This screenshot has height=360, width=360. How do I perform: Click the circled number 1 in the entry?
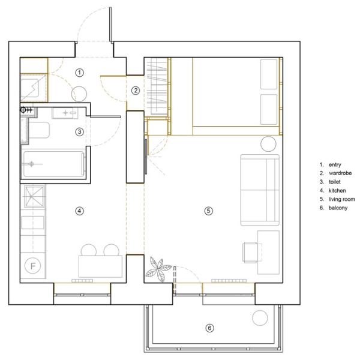click(x=79, y=73)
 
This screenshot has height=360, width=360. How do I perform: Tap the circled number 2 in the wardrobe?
click(x=136, y=91)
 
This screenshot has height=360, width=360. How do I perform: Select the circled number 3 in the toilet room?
click(x=79, y=132)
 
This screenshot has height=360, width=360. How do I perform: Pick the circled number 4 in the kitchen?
click(x=79, y=211)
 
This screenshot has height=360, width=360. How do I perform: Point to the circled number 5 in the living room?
click(x=208, y=211)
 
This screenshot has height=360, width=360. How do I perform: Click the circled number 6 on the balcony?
click(x=209, y=328)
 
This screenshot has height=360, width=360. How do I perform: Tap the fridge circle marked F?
click(x=32, y=266)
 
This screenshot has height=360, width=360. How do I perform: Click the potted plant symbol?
click(x=158, y=269)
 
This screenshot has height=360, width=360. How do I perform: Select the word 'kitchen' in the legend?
click(x=337, y=191)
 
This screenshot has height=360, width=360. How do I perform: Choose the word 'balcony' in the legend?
click(x=338, y=208)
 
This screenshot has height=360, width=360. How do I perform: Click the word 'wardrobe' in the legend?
click(x=340, y=173)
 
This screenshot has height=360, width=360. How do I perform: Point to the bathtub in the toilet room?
click(x=54, y=164)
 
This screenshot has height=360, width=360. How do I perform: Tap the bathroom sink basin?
click(x=65, y=113)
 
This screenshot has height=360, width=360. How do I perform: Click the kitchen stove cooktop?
click(x=34, y=196)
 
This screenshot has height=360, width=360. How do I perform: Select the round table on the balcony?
click(x=260, y=318)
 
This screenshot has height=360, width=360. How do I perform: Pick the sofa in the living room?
click(x=260, y=190)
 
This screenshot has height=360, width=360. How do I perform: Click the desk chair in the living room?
click(x=251, y=253)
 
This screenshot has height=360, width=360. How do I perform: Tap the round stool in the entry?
click(x=79, y=94)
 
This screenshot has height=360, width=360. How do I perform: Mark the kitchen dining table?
click(x=100, y=266)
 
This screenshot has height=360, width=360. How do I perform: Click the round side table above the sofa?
click(x=268, y=144)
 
